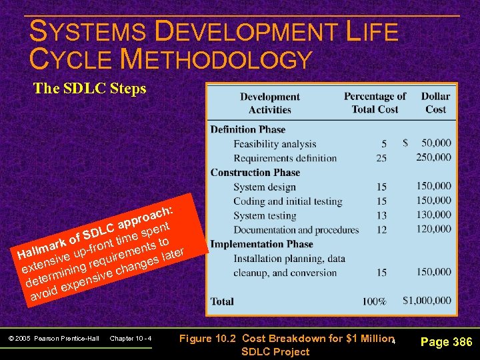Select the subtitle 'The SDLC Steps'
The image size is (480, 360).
pyautogui.click(x=89, y=89)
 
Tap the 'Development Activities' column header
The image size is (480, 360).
pyautogui.click(x=270, y=103)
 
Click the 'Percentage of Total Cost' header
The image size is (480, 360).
pyautogui.click(x=375, y=103)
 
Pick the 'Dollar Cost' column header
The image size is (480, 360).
pyautogui.click(x=435, y=103)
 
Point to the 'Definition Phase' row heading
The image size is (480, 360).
pyautogui.click(x=247, y=129)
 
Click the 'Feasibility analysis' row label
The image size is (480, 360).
pyautogui.click(x=275, y=143)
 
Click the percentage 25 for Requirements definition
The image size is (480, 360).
pyautogui.click(x=381, y=158)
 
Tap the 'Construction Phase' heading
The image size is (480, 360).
pyautogui.click(x=255, y=173)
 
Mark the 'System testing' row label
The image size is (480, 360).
pyautogui.click(x=265, y=215)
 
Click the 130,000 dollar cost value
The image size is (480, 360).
pyautogui.click(x=433, y=215)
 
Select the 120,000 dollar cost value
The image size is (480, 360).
pyautogui.click(x=433, y=229)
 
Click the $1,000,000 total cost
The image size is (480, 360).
pyautogui.click(x=426, y=301)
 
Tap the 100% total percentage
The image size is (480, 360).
pyautogui.click(x=374, y=301)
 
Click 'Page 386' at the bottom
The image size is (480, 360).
pyautogui.click(x=447, y=343)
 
